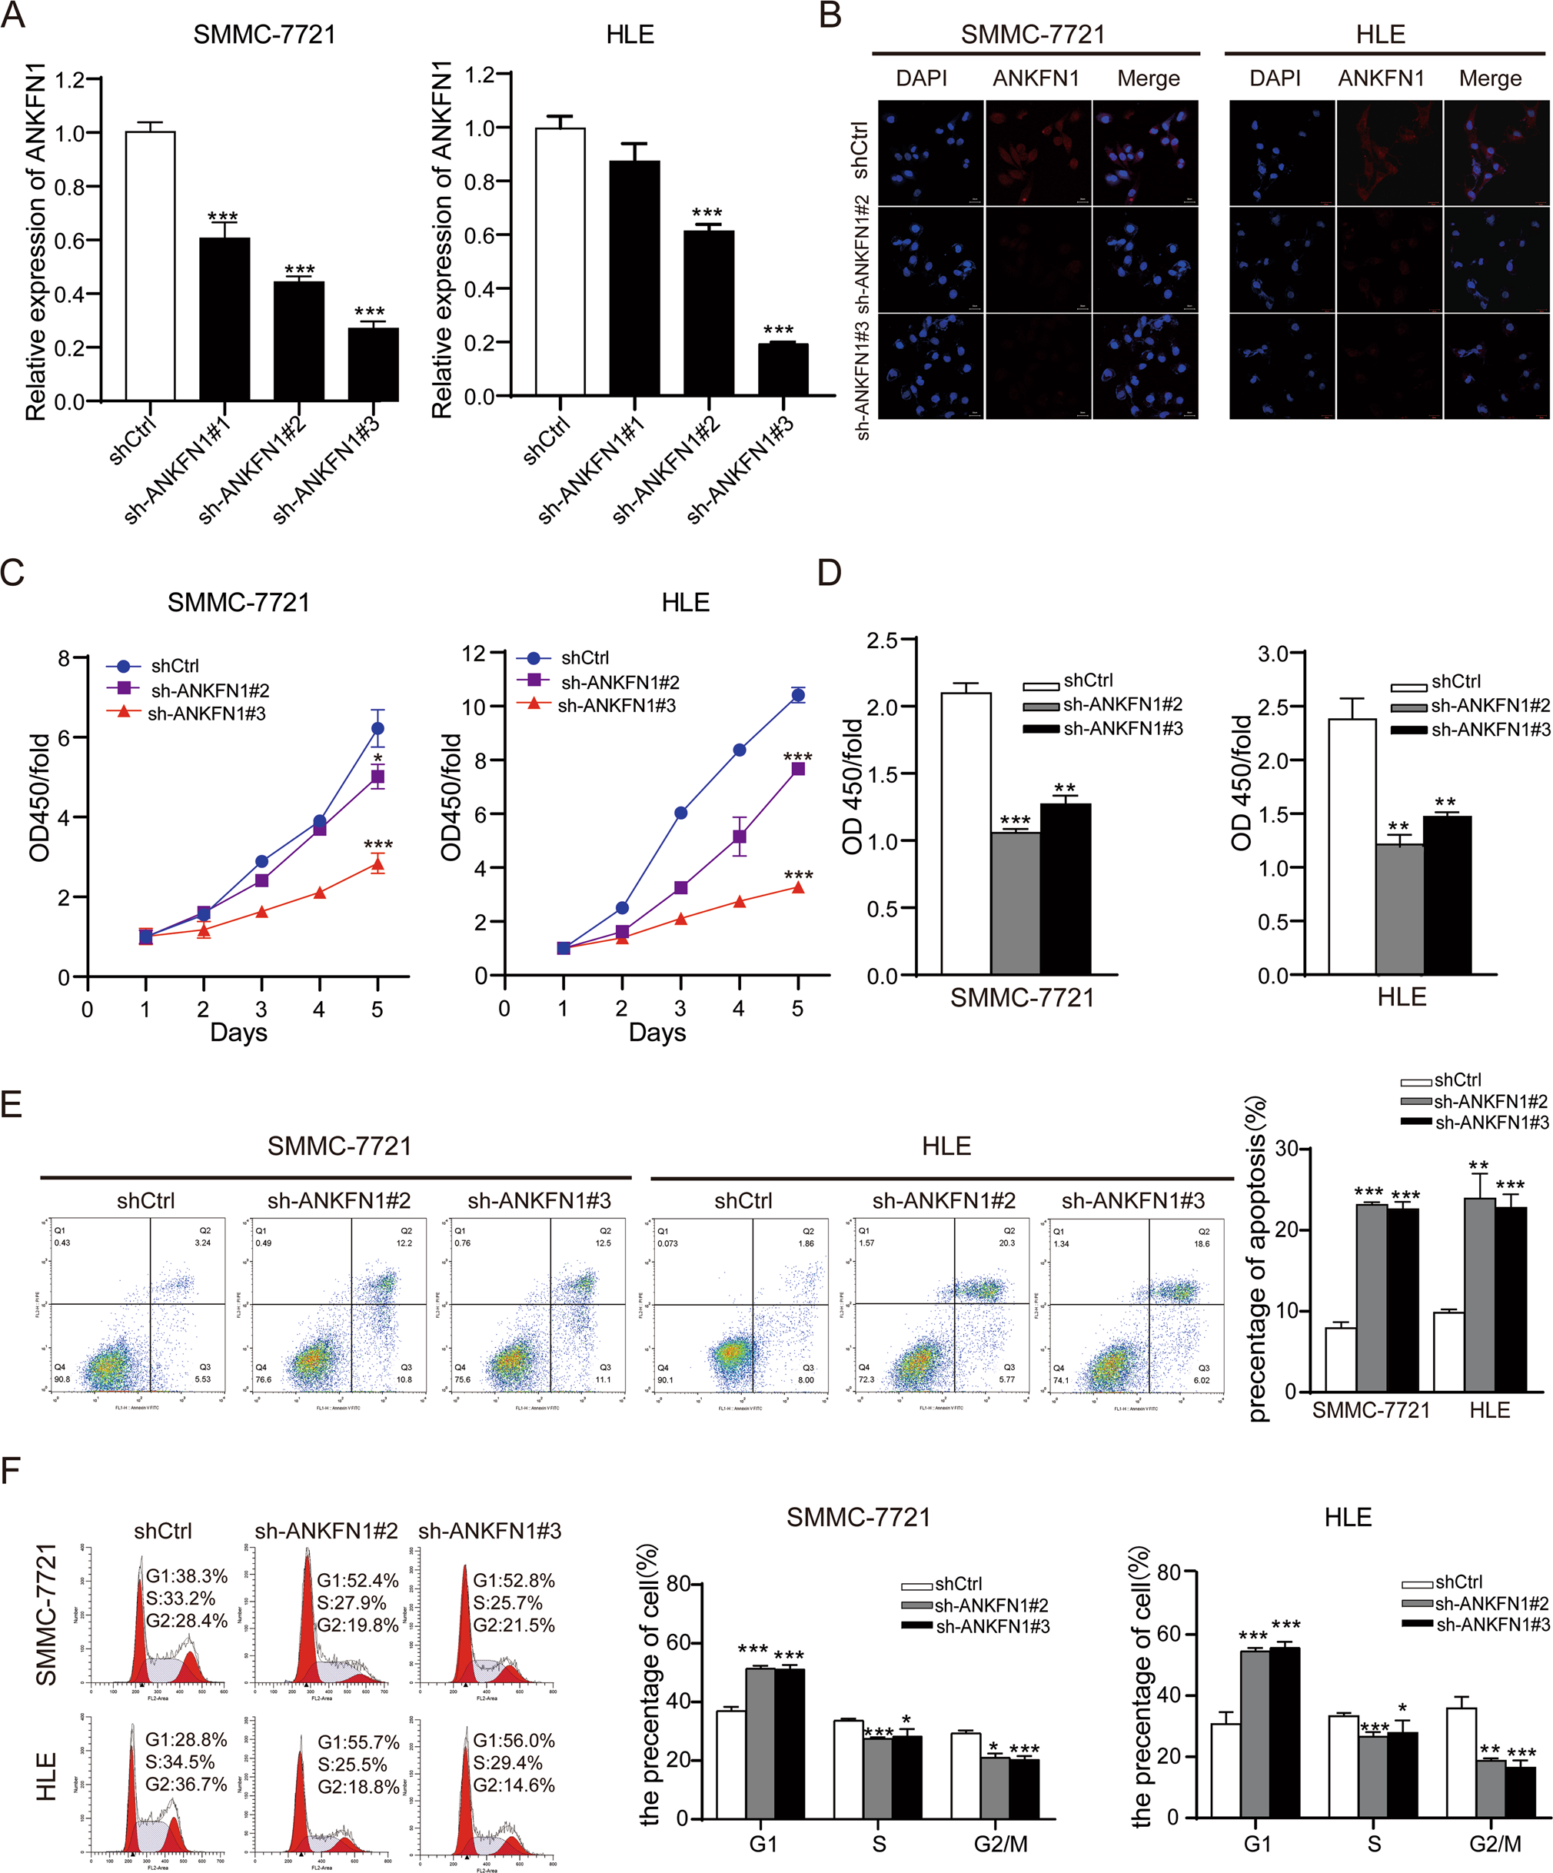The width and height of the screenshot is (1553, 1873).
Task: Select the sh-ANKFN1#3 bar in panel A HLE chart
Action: [783, 369]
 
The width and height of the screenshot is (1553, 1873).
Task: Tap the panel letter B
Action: [830, 15]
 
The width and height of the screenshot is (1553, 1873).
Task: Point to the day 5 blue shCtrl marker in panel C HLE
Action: [797, 695]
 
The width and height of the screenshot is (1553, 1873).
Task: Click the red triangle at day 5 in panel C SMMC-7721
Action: [377, 864]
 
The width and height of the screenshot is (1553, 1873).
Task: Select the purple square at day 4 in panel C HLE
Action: [740, 837]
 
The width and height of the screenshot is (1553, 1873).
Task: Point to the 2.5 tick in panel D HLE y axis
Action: [1274, 707]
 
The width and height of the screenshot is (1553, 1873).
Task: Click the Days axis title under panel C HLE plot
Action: [657, 1033]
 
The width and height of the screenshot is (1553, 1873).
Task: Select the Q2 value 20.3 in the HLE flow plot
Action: [1006, 1243]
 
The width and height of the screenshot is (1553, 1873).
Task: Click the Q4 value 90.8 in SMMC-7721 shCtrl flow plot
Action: [62, 1379]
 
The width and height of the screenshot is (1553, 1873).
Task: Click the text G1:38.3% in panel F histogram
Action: [186, 1576]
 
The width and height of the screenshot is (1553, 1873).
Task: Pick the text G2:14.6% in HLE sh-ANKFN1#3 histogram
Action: [514, 1785]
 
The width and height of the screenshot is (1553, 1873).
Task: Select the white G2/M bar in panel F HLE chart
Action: [1461, 1762]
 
